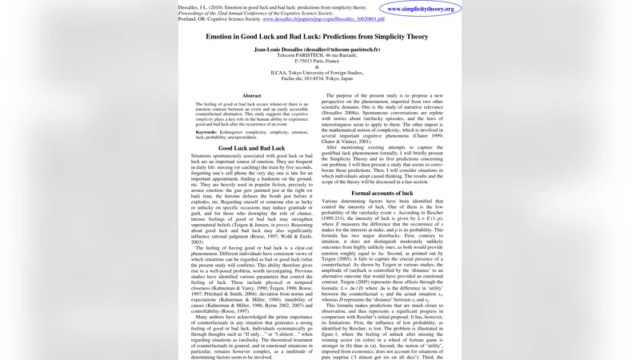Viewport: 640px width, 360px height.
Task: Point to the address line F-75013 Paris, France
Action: coord(318,61)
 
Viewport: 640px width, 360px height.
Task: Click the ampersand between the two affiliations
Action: coord(318,66)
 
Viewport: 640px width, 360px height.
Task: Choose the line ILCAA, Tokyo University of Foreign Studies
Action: coord(318,73)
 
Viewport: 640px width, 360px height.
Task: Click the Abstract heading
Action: coord(252,96)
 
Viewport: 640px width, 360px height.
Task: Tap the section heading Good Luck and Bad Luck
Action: coord(251,148)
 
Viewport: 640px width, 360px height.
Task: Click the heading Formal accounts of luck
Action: coord(382,193)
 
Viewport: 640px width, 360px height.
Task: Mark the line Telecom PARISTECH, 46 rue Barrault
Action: coord(318,55)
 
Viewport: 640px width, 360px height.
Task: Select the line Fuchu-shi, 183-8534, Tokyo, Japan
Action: coord(318,78)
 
